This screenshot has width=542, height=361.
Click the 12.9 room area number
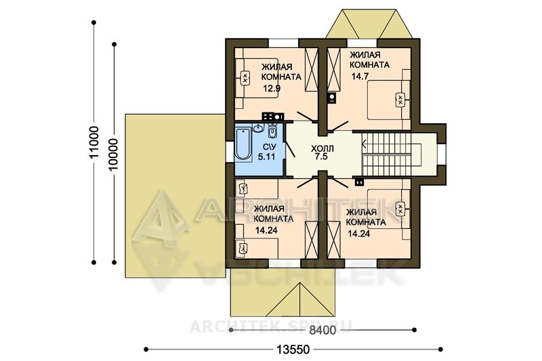[272, 88]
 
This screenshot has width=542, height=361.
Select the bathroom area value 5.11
[266, 156]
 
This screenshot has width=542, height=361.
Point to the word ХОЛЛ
[322, 149]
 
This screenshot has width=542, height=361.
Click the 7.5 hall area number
[321, 157]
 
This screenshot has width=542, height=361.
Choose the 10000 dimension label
[114, 154]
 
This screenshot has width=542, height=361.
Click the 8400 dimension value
[322, 331]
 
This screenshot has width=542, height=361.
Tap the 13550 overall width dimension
[293, 349]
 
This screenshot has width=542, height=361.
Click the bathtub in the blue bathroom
[243, 144]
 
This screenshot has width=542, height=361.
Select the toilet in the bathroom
[272, 131]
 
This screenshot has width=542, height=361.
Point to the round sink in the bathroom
[258, 128]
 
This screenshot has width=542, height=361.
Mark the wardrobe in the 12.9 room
[312, 69]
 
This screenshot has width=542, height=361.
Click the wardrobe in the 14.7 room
[334, 69]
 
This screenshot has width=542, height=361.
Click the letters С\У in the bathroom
[266, 147]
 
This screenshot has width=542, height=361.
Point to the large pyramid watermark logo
[161, 219]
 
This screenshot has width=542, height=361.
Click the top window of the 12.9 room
[284, 43]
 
